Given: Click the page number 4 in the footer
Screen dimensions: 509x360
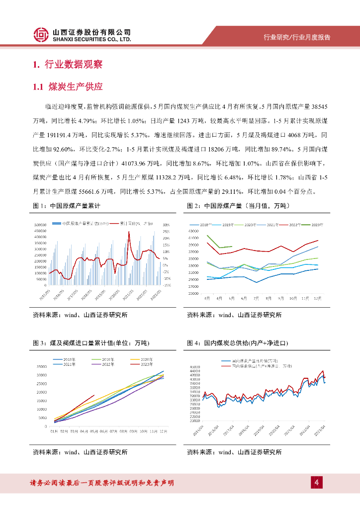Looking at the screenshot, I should [316, 482].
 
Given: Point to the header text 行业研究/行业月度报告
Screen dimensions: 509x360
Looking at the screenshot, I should [297, 37].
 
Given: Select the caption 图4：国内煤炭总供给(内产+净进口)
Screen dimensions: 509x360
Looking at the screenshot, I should [238, 343].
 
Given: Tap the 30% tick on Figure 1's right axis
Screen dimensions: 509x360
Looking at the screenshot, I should [166, 225].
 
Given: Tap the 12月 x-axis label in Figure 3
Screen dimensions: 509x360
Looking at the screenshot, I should [162, 431].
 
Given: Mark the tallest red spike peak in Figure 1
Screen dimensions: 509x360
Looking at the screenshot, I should [129, 232].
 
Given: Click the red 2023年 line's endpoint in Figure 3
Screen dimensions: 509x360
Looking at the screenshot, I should [94, 396].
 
